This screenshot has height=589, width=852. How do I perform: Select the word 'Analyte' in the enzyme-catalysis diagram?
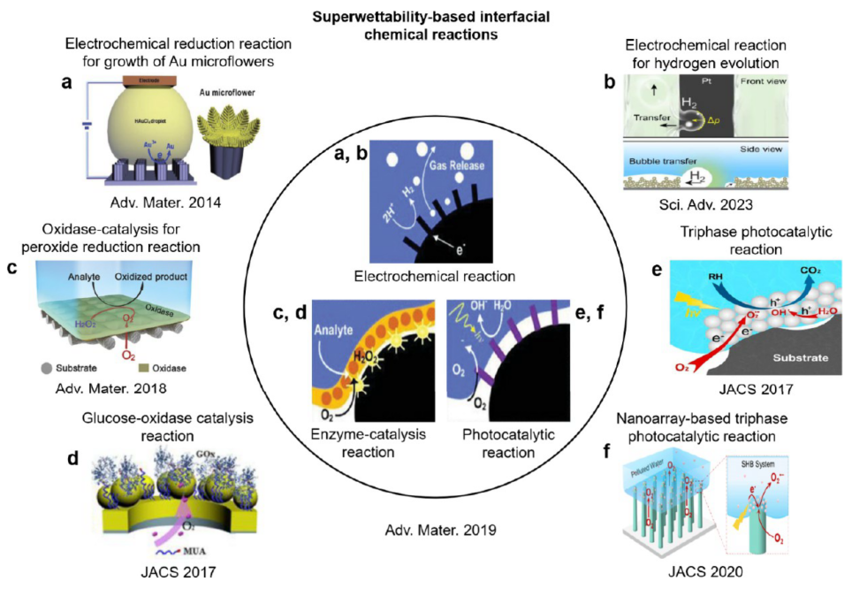click(x=334, y=335)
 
